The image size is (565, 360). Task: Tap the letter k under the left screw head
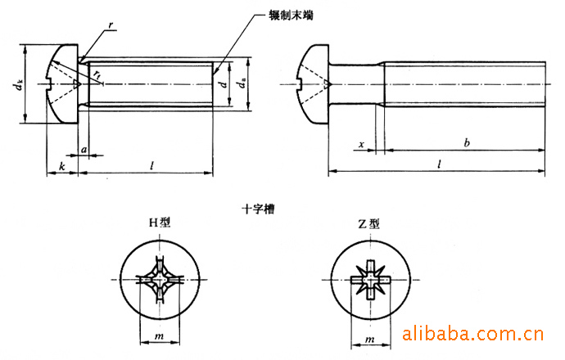(x=62, y=166)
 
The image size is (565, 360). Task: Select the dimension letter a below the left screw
(x=84, y=149)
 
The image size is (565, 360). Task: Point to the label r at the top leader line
(x=111, y=25)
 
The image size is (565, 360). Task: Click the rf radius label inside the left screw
(x=97, y=74)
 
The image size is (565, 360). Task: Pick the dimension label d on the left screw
(x=224, y=84)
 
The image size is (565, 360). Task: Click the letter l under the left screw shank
(x=152, y=165)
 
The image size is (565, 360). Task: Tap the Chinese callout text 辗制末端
(x=291, y=15)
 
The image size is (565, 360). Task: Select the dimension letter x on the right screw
(x=361, y=145)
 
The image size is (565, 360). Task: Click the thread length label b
(x=467, y=142)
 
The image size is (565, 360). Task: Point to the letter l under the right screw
(x=439, y=164)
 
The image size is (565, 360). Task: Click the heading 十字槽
(x=258, y=209)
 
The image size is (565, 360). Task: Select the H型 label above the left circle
(x=160, y=223)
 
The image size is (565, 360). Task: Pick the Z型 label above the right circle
(x=368, y=224)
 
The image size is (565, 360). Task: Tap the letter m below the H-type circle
(x=160, y=336)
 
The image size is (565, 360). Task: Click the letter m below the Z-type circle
(x=370, y=340)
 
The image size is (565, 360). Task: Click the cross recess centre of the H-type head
(x=159, y=280)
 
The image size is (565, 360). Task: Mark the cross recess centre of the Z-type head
(x=370, y=279)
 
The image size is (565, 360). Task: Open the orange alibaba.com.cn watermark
(x=472, y=334)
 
